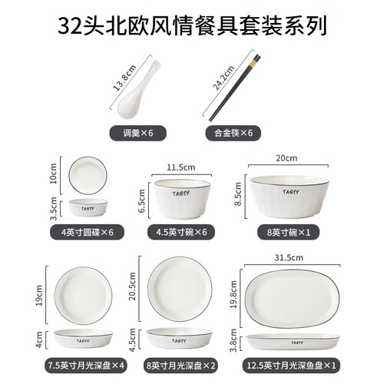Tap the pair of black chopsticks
(234, 88)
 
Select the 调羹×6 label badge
(138, 133)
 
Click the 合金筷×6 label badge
(233, 133)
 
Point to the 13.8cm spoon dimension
(124, 78)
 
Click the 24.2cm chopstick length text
(223, 78)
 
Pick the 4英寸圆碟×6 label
(87, 233)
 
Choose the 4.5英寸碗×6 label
(181, 233)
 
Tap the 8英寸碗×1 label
(289, 233)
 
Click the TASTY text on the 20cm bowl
(291, 192)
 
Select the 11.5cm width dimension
(181, 167)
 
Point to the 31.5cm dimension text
(289, 257)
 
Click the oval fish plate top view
(293, 299)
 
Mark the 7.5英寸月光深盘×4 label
(86, 366)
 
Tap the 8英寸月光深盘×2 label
(180, 366)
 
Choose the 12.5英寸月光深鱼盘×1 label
(291, 366)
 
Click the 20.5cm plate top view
(180, 289)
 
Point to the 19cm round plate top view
(83, 296)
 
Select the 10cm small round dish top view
(88, 176)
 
